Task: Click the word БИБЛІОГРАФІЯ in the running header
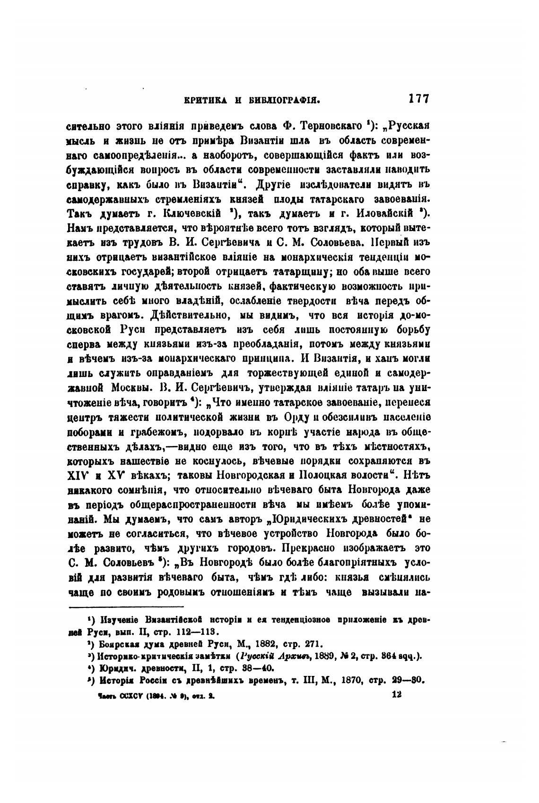coord(282,100)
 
